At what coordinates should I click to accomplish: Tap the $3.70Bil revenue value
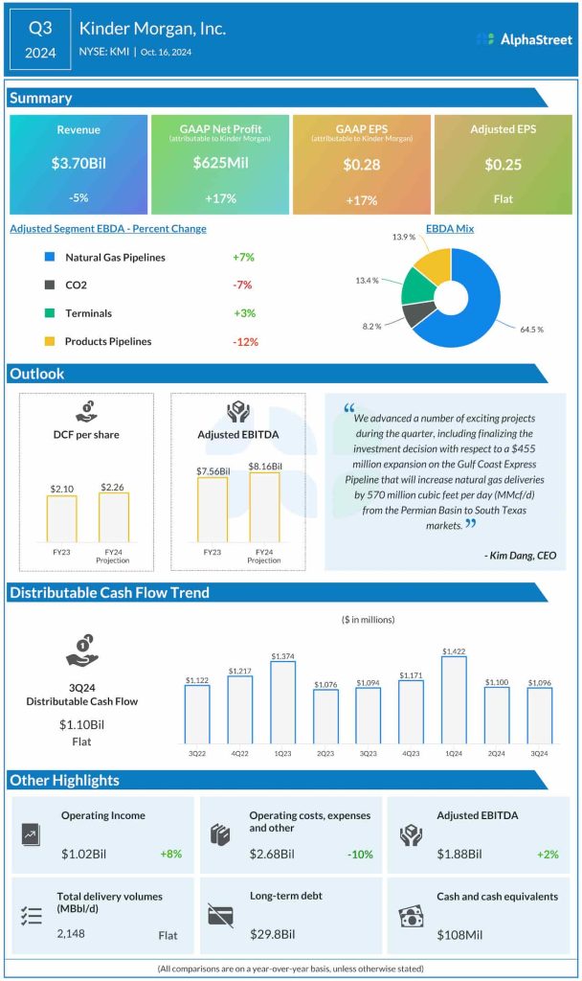pyautogui.click(x=78, y=164)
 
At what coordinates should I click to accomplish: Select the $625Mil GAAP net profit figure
pyautogui.click(x=220, y=164)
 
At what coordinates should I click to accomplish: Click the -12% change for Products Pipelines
pyautogui.click(x=245, y=342)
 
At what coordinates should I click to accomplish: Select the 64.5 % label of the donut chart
pyautogui.click(x=531, y=329)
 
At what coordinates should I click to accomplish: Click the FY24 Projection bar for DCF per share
pyautogui.click(x=113, y=518)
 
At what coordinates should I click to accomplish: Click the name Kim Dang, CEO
pyautogui.click(x=520, y=555)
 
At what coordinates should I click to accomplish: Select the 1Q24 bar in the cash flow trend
pyautogui.click(x=454, y=699)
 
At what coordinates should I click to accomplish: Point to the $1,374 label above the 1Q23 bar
pyautogui.click(x=282, y=655)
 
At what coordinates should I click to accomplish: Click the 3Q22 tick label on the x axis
pyautogui.click(x=196, y=754)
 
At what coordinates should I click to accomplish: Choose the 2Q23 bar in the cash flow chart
pyautogui.click(x=325, y=716)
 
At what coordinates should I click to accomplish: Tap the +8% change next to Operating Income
pyautogui.click(x=170, y=854)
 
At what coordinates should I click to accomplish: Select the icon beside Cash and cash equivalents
pyautogui.click(x=411, y=916)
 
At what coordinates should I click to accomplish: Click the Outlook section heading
pyautogui.click(x=36, y=374)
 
